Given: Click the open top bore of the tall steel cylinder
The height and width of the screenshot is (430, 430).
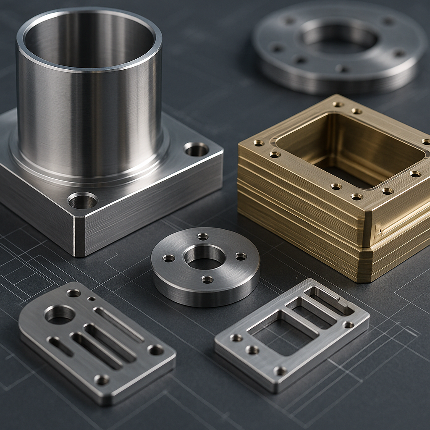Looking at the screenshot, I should [x=89, y=40].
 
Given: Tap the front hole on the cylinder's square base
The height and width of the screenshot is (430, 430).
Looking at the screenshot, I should [x=82, y=201].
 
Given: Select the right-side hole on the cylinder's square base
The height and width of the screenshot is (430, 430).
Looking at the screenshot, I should [x=196, y=149].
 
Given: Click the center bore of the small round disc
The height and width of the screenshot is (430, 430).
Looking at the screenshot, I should [x=205, y=257].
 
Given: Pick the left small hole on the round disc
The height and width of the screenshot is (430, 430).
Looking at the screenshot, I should [x=169, y=258].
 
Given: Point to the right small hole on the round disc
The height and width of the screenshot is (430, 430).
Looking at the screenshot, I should [x=241, y=256].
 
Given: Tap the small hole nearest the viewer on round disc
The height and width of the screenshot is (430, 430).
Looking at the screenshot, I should [x=207, y=279].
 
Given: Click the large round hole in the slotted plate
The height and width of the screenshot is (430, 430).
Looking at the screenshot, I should [x=60, y=314].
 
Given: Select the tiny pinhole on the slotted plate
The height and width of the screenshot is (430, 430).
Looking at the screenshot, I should [x=91, y=299].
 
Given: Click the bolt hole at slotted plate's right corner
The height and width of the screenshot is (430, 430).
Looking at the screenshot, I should [x=156, y=349].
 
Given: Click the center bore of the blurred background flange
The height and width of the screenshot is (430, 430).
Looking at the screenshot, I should [x=339, y=38].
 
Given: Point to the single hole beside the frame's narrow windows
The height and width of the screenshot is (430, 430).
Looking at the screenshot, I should [x=348, y=325].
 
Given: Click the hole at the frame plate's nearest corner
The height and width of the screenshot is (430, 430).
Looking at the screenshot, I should [x=280, y=371].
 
